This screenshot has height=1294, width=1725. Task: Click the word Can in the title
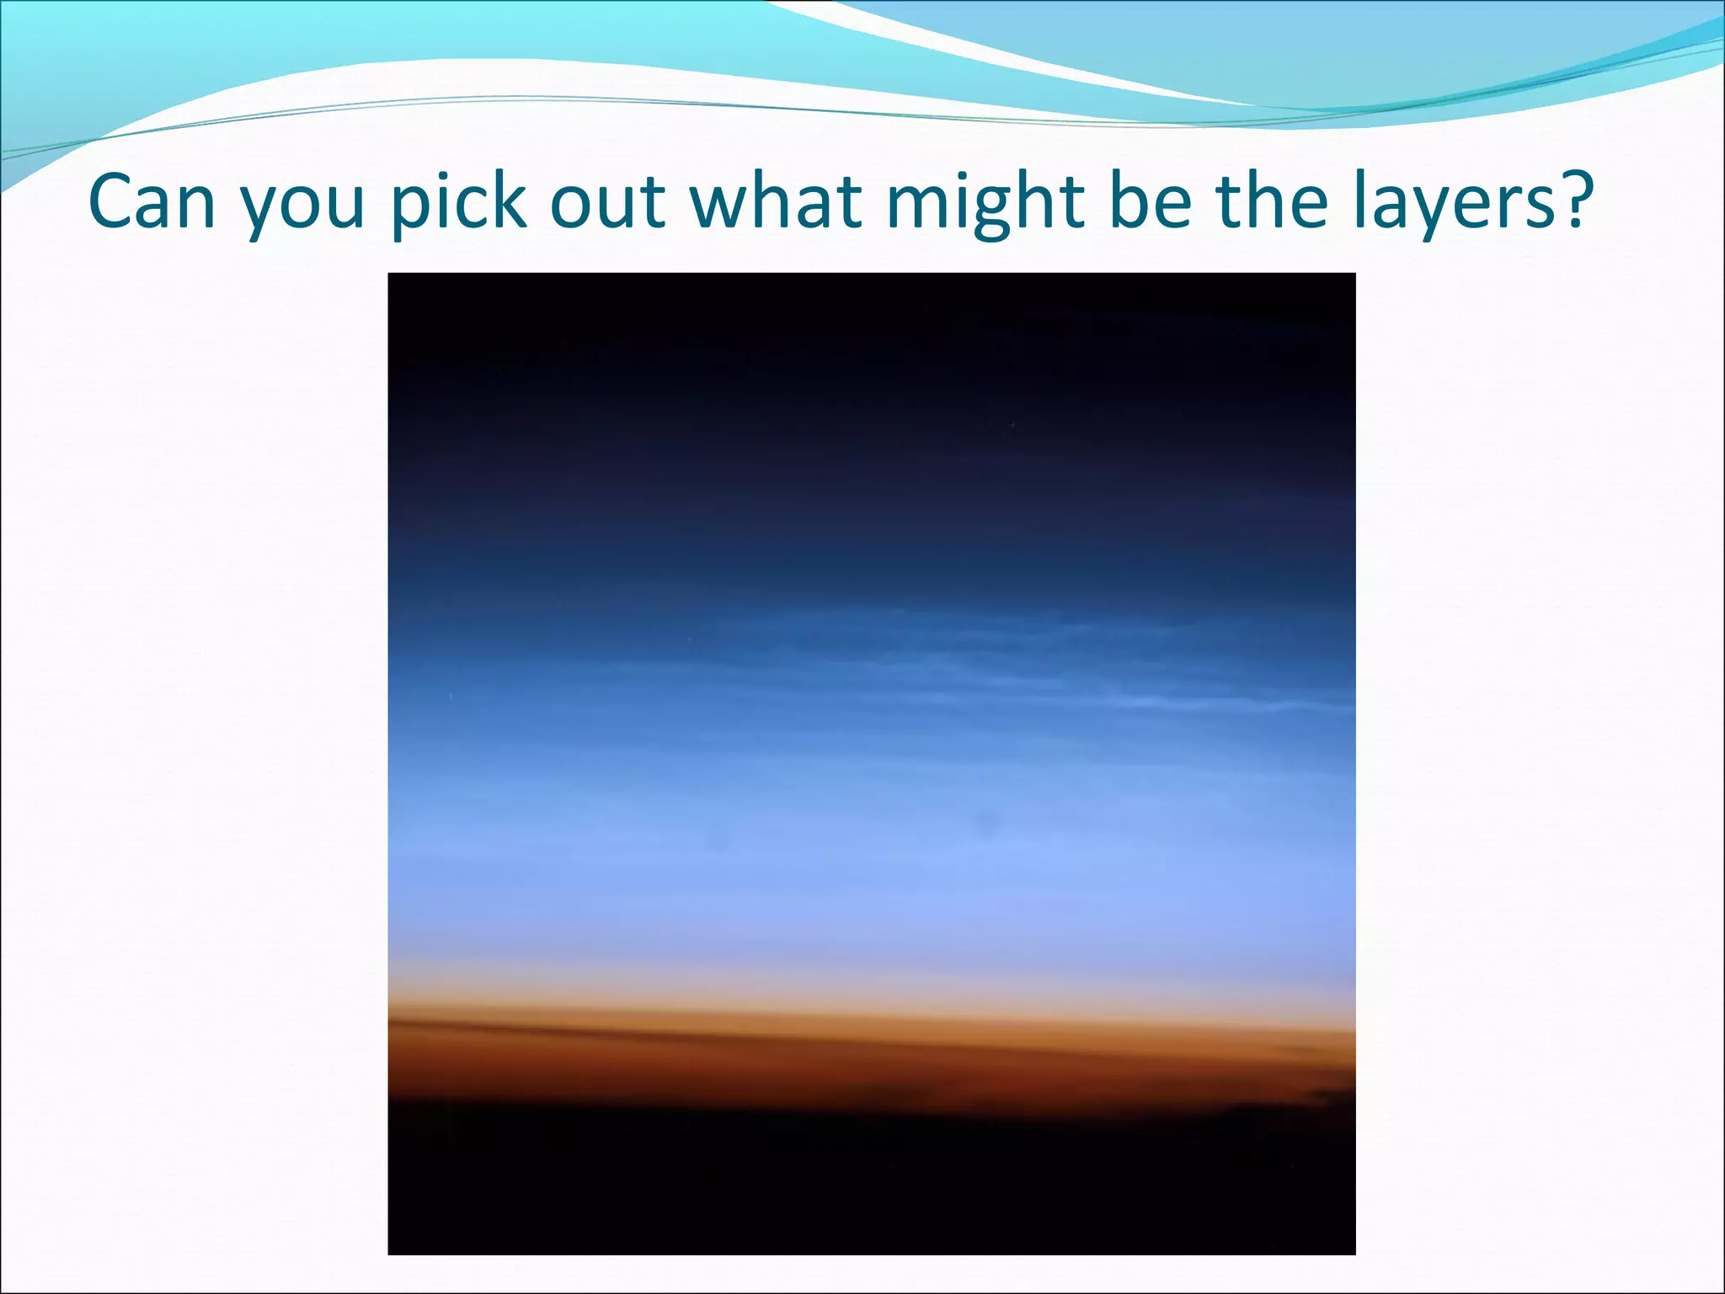click(x=152, y=202)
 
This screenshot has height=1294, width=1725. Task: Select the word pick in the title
click(x=459, y=202)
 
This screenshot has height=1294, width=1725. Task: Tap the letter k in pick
click(x=510, y=201)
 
